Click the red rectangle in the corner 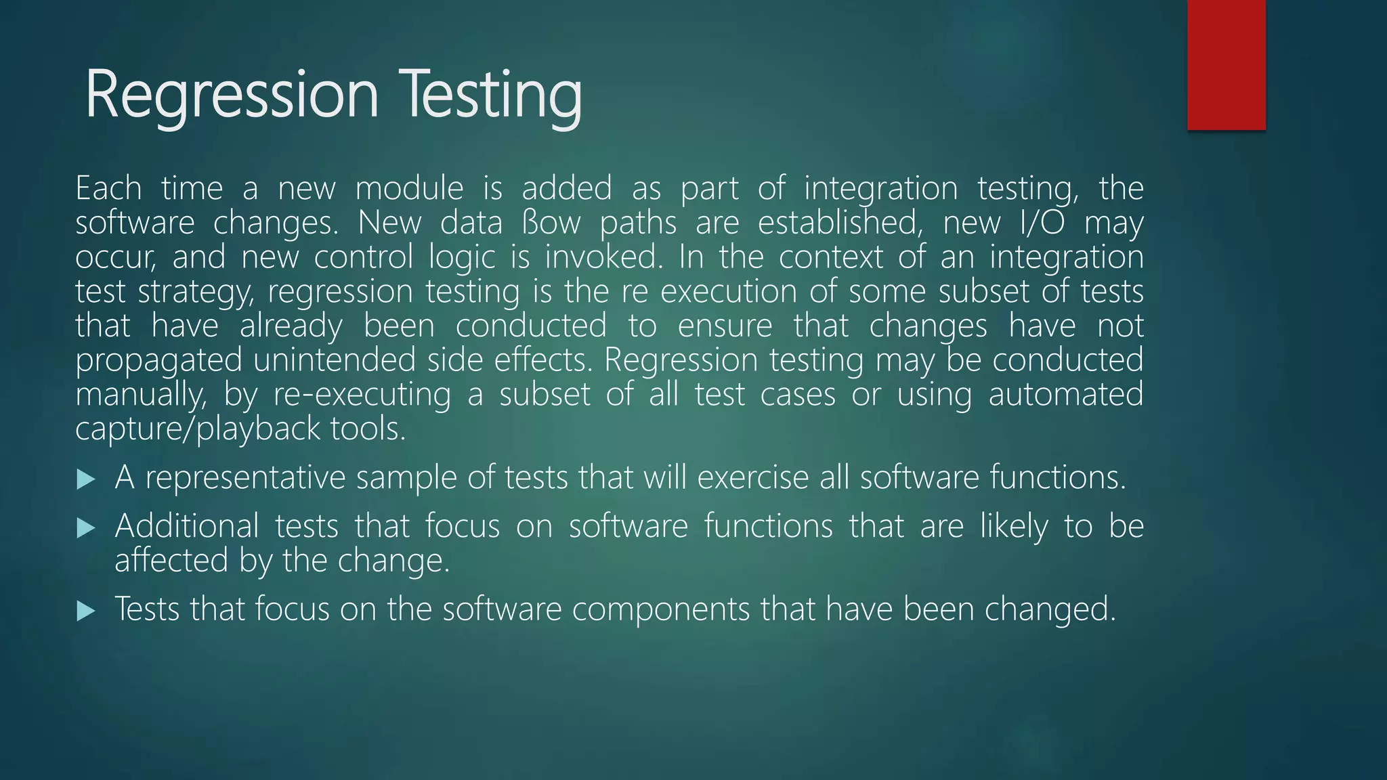click(x=1226, y=64)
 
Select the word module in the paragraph click(x=409, y=188)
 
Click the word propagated click(x=158, y=360)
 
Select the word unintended click(x=335, y=360)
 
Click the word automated click(x=1065, y=395)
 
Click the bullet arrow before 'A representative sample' click(x=86, y=479)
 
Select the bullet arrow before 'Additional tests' click(x=86, y=527)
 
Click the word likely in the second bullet click(x=1014, y=526)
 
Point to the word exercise click(x=752, y=477)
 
